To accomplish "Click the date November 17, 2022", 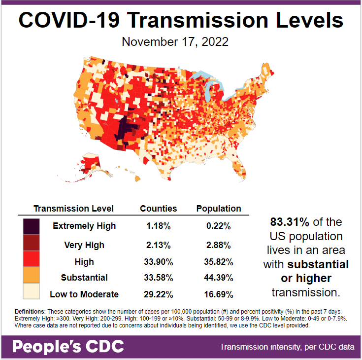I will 175,42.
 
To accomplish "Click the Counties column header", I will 158,209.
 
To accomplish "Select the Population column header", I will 219,209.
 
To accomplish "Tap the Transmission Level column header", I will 73,209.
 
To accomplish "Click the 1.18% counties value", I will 159,226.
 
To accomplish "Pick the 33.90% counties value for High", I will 159,261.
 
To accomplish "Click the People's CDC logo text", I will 68,347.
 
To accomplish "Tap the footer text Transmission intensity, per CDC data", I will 287,347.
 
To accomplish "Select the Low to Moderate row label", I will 84,294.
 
